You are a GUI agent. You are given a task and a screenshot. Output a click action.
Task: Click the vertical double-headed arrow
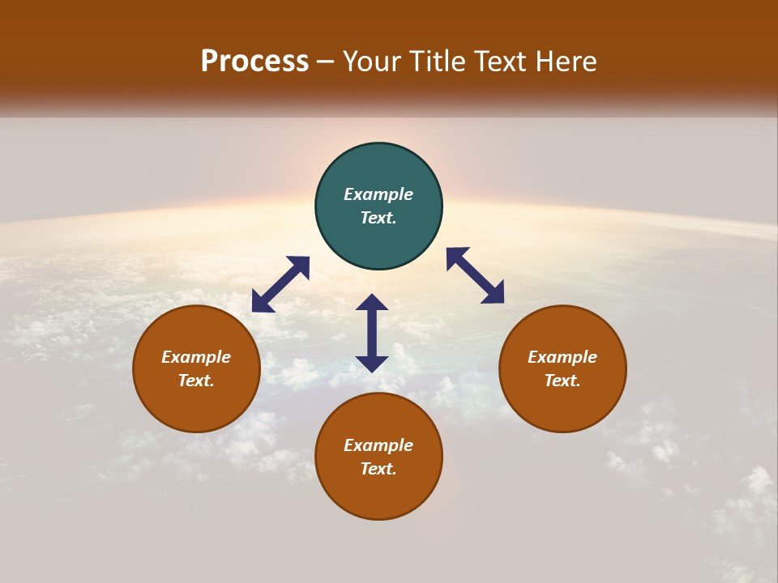pos(372,333)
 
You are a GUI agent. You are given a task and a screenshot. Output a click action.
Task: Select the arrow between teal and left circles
pos(280,284)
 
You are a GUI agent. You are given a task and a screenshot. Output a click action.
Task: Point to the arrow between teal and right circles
pos(476,275)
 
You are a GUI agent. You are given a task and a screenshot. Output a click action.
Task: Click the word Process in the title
pos(254,62)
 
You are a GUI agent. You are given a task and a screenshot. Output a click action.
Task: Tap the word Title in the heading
pos(438,62)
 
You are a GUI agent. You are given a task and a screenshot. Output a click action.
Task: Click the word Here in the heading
pos(565,62)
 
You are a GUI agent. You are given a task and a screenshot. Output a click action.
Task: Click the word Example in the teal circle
pos(378,194)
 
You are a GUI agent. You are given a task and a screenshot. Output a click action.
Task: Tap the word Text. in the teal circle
pos(378,218)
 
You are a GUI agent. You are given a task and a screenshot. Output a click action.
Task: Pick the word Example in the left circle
pos(196,357)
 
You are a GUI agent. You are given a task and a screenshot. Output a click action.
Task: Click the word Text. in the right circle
pos(562,381)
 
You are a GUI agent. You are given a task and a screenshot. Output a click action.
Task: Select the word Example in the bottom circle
pos(378,445)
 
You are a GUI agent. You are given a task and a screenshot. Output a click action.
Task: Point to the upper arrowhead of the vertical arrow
pos(372,302)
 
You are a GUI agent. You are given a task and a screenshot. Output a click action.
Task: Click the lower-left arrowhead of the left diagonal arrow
pos(261,303)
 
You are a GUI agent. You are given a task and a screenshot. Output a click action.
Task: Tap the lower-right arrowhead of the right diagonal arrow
pos(494,295)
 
